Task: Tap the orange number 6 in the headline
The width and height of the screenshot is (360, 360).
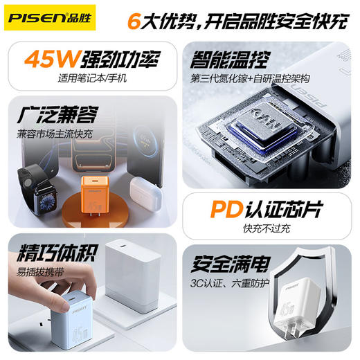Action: point(135,20)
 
